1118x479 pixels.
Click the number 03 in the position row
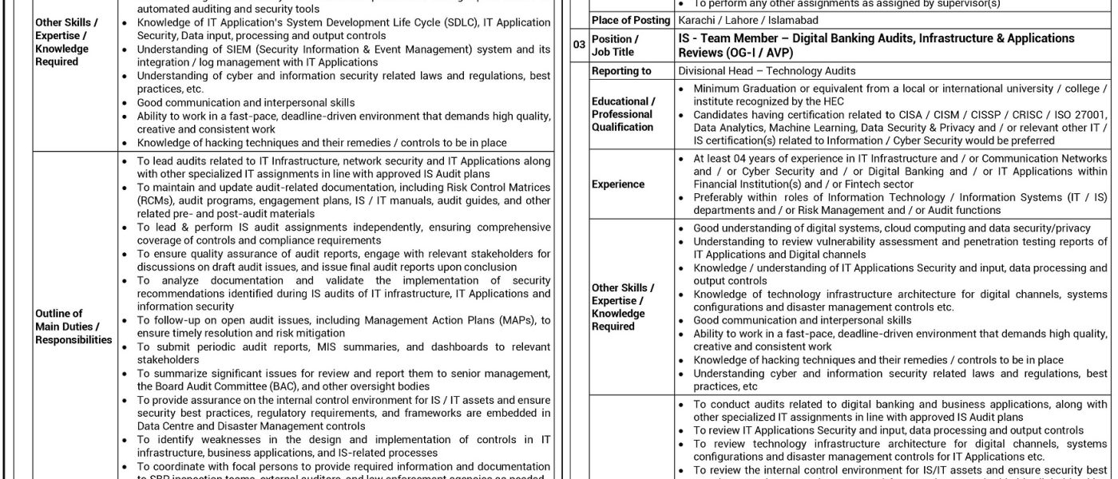pyautogui.click(x=580, y=46)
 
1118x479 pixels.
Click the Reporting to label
pyautogui.click(x=621, y=71)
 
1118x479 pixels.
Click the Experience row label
pyautogui.click(x=618, y=184)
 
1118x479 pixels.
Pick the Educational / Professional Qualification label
pyautogui.click(x=623, y=114)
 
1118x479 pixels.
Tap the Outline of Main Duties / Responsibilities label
pyautogui.click(x=73, y=327)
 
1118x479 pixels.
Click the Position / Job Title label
pyautogui.click(x=615, y=46)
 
